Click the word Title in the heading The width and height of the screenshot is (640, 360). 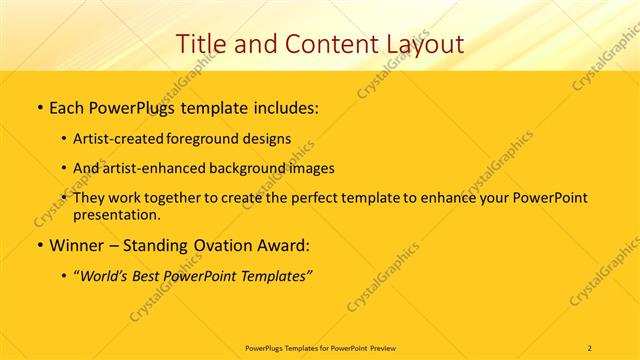[200, 44]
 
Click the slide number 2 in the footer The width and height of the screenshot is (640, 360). [590, 347]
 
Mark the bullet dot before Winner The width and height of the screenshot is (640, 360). [39, 246]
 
